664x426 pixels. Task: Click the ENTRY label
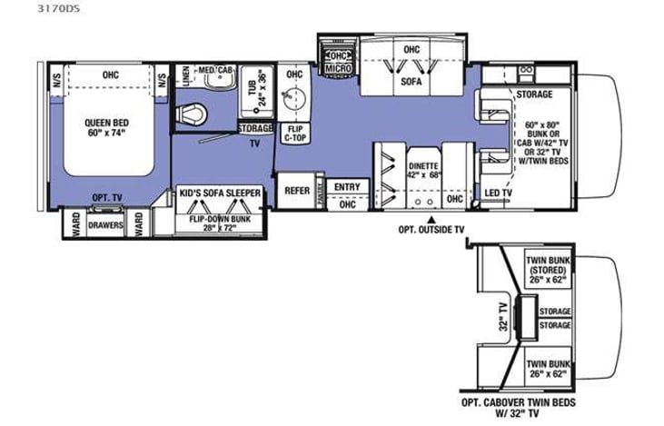(x=346, y=187)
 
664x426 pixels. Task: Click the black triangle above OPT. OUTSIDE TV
(x=432, y=221)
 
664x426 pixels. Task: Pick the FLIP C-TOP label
(x=292, y=135)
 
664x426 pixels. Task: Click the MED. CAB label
(x=214, y=69)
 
